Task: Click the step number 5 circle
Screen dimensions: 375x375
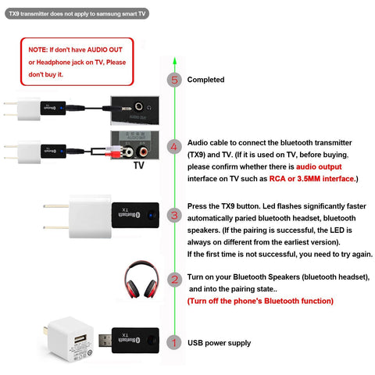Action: pyautogui.click(x=174, y=80)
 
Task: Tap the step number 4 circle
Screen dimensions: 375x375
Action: pyautogui.click(x=174, y=147)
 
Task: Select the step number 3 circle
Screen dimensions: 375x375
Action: pyautogui.click(x=174, y=216)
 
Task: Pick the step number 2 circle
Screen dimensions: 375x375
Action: pyautogui.click(x=174, y=280)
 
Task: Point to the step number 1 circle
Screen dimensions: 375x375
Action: pyautogui.click(x=174, y=342)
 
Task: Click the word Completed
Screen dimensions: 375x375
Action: pyautogui.click(x=205, y=80)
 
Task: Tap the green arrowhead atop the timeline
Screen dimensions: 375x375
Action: pyautogui.click(x=175, y=61)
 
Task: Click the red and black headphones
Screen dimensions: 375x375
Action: pyautogui.click(x=141, y=280)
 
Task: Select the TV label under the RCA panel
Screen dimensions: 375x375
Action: pyautogui.click(x=139, y=166)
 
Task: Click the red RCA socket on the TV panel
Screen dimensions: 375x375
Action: pyautogui.click(x=143, y=151)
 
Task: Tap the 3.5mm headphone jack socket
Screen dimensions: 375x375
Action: pyautogui.click(x=138, y=106)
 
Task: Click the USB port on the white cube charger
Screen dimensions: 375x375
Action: pyautogui.click(x=80, y=340)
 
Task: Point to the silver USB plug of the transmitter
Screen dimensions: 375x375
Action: pyautogui.click(x=105, y=341)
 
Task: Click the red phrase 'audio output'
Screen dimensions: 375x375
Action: pyautogui.click(x=319, y=166)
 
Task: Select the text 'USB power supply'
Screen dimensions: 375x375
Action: pyautogui.click(x=219, y=343)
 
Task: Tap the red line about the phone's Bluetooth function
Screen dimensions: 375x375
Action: pyautogui.click(x=260, y=301)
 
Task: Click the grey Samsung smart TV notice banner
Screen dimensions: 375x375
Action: pyautogui.click(x=77, y=13)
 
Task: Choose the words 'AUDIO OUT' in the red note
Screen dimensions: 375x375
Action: pyautogui.click(x=105, y=50)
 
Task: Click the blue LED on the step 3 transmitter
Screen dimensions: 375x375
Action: pyautogui.click(x=151, y=216)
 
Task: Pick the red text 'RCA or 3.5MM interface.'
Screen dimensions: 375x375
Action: pyautogui.click(x=312, y=179)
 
